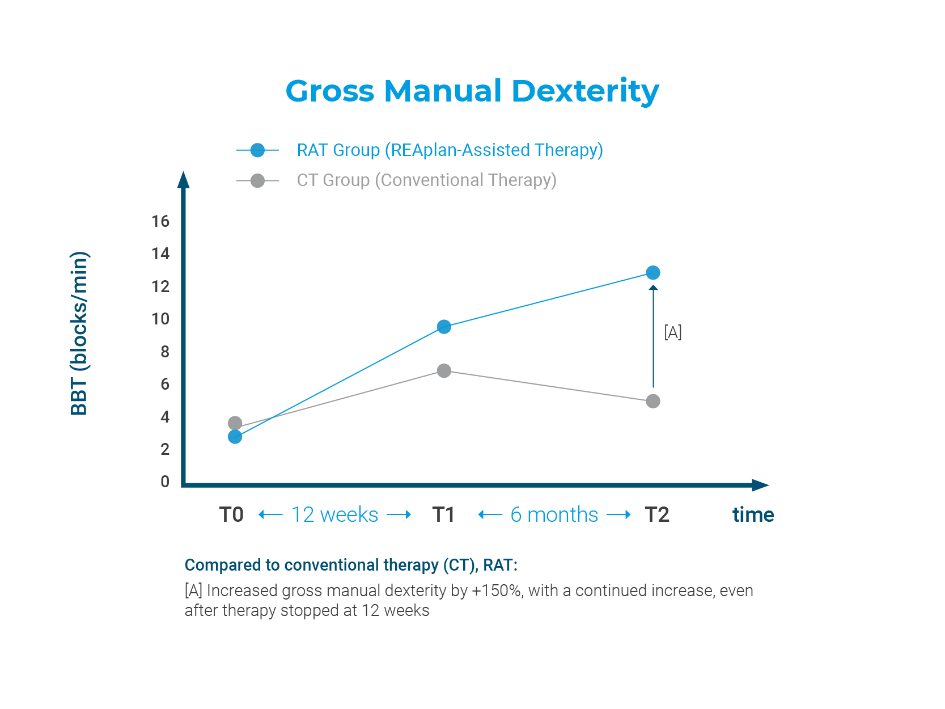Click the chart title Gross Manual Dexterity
pyautogui.click(x=472, y=91)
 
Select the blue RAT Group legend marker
pyautogui.click(x=257, y=150)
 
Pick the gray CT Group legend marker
pyautogui.click(x=257, y=181)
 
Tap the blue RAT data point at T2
pyautogui.click(x=653, y=273)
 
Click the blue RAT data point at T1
pyautogui.click(x=444, y=327)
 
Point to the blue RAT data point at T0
pyautogui.click(x=235, y=437)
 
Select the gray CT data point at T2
pyautogui.click(x=653, y=401)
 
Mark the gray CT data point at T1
pyautogui.click(x=444, y=371)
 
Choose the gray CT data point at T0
pyautogui.click(x=235, y=423)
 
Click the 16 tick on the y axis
pyautogui.click(x=160, y=221)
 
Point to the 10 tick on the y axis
pyautogui.click(x=160, y=319)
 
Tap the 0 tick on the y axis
pyautogui.click(x=165, y=482)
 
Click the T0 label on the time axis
pyautogui.click(x=231, y=515)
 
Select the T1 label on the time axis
pyautogui.click(x=443, y=515)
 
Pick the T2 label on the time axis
pyautogui.click(x=657, y=515)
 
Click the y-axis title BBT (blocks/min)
pyautogui.click(x=79, y=334)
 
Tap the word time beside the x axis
pyautogui.click(x=753, y=515)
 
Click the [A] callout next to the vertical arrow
pyautogui.click(x=673, y=332)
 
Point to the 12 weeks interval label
pyautogui.click(x=334, y=515)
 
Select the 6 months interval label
pyautogui.click(x=554, y=515)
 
